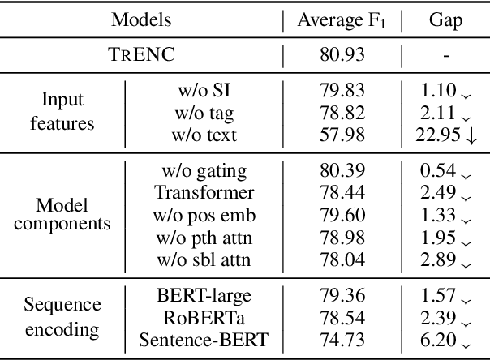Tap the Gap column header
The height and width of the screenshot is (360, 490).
(445, 20)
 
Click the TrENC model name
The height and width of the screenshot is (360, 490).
(143, 56)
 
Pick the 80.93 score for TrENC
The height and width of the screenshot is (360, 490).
(342, 56)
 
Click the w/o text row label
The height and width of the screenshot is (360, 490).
(199, 134)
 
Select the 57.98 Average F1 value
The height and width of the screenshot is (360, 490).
(342, 134)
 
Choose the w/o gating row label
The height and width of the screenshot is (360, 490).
(199, 170)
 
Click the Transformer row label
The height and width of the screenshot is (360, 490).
(199, 193)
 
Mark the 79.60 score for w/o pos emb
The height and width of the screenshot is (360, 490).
(342, 216)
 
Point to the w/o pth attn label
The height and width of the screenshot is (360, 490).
(199, 238)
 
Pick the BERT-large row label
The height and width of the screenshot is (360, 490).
(199, 295)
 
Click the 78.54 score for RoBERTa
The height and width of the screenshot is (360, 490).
(342, 318)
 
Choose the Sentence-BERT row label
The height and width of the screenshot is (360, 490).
(199, 340)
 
